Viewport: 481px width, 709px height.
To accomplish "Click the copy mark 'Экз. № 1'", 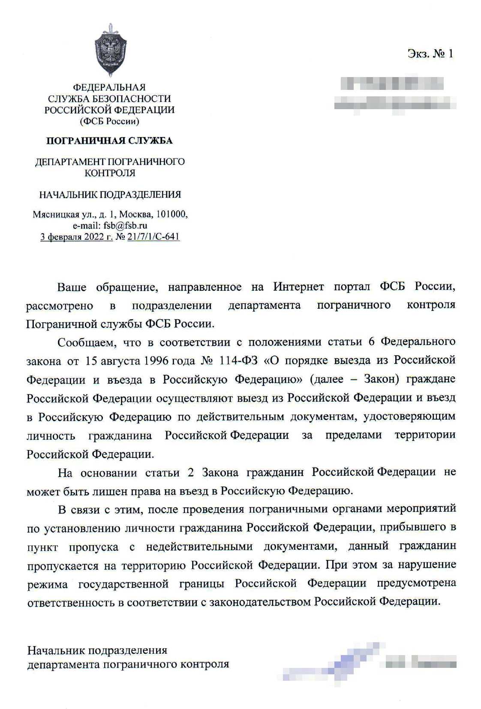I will click(x=430, y=54).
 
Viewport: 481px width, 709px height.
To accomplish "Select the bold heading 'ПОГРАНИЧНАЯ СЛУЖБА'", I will click(x=109, y=141).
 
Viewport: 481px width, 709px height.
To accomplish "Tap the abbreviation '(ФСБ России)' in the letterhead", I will click(x=109, y=121).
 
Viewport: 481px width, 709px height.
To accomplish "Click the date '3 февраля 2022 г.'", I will click(x=76, y=237).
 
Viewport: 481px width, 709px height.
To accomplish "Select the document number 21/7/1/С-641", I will click(x=153, y=237).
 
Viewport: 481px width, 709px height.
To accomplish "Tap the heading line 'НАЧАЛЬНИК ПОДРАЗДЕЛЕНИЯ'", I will click(x=110, y=195).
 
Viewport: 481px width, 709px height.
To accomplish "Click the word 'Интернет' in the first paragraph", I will click(x=298, y=287).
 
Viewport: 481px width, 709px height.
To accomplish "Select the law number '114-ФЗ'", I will click(x=238, y=360).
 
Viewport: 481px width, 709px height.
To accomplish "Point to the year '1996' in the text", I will click(x=156, y=360).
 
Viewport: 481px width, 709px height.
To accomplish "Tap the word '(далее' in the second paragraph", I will click(x=327, y=379).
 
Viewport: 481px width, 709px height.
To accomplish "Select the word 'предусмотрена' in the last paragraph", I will click(x=416, y=584).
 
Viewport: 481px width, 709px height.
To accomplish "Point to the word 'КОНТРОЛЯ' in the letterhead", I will click(x=110, y=173).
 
